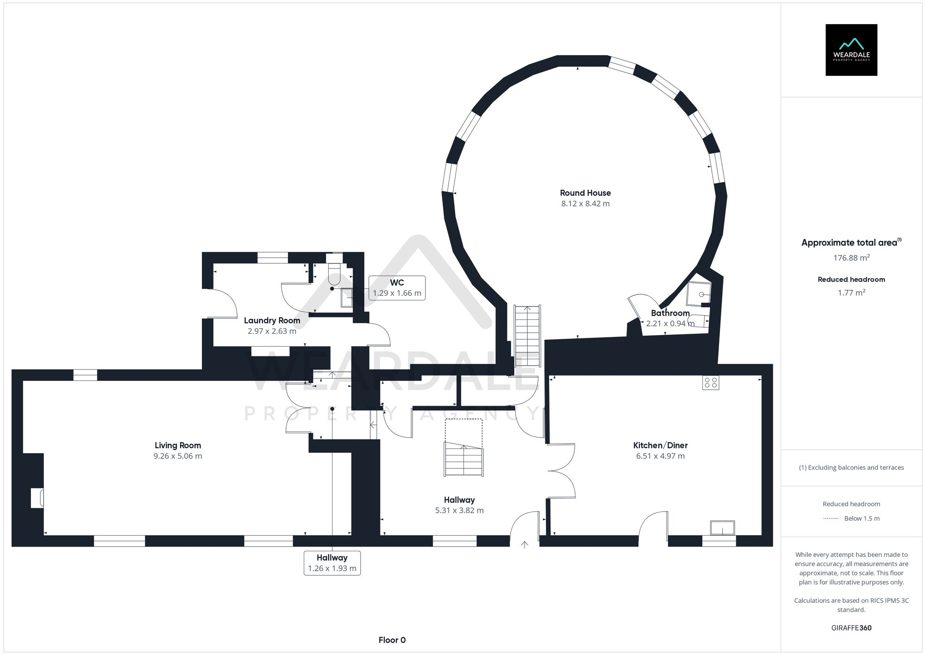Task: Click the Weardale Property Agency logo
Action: tap(851, 50)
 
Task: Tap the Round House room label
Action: tap(585, 193)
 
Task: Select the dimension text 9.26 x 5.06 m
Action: tap(178, 456)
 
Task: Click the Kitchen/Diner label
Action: tap(660, 445)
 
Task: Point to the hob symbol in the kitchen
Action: tap(710, 383)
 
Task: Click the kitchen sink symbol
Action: tap(722, 528)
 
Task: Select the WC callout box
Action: tap(397, 288)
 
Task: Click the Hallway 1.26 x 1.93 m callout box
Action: tap(332, 563)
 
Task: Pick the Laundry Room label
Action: tap(272, 320)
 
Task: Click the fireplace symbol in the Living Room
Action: tap(37, 498)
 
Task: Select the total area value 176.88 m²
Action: tap(851, 258)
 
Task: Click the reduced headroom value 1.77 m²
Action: tap(851, 293)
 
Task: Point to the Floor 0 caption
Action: tap(392, 640)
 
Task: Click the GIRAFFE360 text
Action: tap(851, 628)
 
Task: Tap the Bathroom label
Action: tap(670, 313)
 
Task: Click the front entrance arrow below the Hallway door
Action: tap(525, 545)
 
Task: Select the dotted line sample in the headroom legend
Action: tap(831, 518)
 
